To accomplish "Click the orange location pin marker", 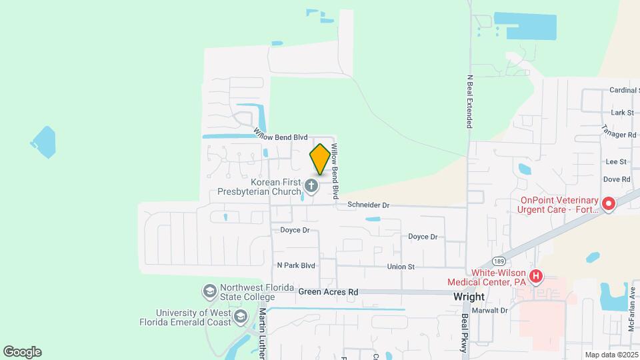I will pos(320,159).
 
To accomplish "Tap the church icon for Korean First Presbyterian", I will pos(311,185).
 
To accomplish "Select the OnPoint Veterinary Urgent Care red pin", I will pos(608,204).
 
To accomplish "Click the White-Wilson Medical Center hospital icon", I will pos(535,275).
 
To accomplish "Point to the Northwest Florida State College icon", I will pos(209,291).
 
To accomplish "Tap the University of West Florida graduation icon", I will pos(241,315).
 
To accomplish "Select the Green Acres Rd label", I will pos(328,292).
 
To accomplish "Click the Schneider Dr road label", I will pos(367,206).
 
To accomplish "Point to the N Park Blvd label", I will pos(295,265).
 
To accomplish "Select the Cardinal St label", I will pos(625,91).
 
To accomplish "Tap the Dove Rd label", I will pos(616,179).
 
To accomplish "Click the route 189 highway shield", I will pos(500,261).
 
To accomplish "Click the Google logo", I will pos(22,352).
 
